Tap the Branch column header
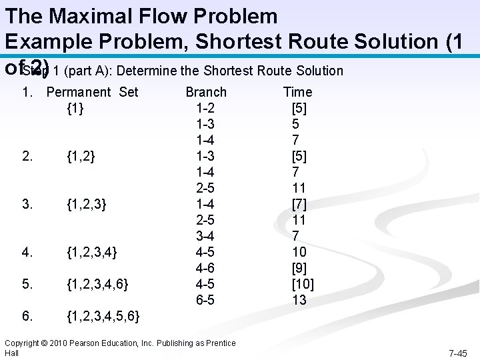[x=206, y=92]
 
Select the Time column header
[x=297, y=92]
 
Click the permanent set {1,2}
[x=81, y=156]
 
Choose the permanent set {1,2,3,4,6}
[x=98, y=284]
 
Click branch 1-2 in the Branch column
[x=205, y=108]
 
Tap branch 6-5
[x=205, y=300]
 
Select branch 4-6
[x=205, y=268]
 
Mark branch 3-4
[x=205, y=236]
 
